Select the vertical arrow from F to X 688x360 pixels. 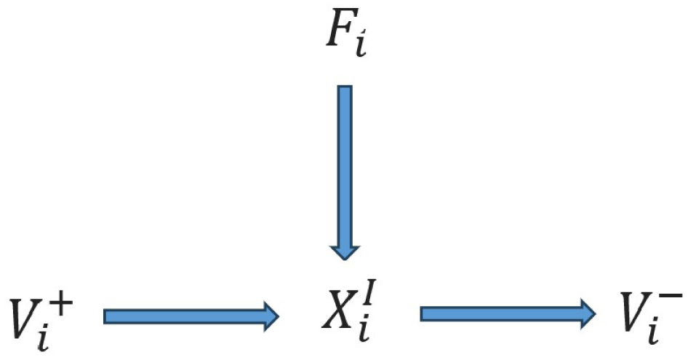coord(345,168)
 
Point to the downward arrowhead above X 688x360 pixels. coord(345,251)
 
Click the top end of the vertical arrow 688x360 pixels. coord(345,88)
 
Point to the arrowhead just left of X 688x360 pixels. coord(271,316)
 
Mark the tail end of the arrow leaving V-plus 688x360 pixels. coord(107,316)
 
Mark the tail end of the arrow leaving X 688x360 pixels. coord(423,314)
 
